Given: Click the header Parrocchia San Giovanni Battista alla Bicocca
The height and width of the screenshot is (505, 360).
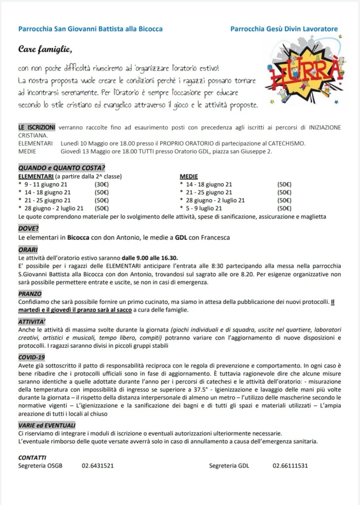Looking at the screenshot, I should [90, 29].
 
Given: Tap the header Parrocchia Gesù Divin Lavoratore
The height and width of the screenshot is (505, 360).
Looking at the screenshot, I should [284, 29].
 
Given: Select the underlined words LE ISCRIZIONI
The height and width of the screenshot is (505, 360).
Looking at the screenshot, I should [36, 127].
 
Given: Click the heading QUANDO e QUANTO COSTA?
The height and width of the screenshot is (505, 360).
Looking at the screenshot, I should [62, 168].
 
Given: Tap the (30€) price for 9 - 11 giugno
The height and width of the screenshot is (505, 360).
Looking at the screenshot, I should [102, 184].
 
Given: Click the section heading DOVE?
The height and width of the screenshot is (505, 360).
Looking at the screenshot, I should [29, 228].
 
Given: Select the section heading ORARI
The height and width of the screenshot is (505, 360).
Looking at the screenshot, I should [28, 250].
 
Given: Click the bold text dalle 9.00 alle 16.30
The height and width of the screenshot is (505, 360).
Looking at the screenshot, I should [150, 257].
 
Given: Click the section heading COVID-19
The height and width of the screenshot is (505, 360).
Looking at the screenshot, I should [32, 357].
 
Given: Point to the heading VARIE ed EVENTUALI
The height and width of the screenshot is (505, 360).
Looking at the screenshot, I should [47, 425].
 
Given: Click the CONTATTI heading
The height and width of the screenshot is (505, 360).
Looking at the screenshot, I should [32, 457].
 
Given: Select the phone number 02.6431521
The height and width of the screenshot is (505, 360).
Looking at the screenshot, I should [98, 466].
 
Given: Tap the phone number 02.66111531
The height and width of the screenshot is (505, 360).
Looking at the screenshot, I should [290, 466].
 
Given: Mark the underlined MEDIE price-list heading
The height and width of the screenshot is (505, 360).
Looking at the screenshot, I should [189, 176].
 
